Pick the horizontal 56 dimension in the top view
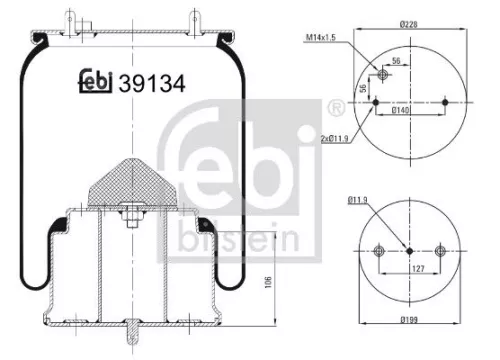[397, 61]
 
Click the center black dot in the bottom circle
[410, 251]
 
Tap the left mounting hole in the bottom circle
[379, 251]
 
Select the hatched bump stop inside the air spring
[131, 181]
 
